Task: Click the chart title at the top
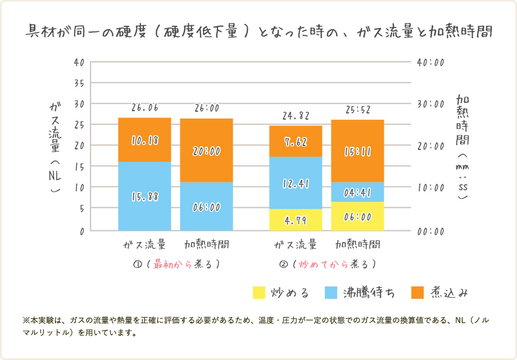[259, 31]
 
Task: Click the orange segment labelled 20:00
[206, 150]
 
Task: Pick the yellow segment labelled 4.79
[296, 220]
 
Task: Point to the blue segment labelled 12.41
[296, 183]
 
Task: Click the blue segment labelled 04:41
[357, 192]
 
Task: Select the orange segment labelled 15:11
[357, 151]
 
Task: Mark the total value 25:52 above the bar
[357, 110]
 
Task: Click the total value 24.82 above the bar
[296, 116]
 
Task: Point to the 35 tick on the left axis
[79, 83]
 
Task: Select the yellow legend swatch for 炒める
[259, 293]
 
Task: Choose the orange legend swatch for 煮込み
[418, 293]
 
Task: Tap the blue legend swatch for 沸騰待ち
[332, 293]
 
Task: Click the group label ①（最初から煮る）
[175, 263]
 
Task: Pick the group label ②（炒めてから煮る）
[327, 263]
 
